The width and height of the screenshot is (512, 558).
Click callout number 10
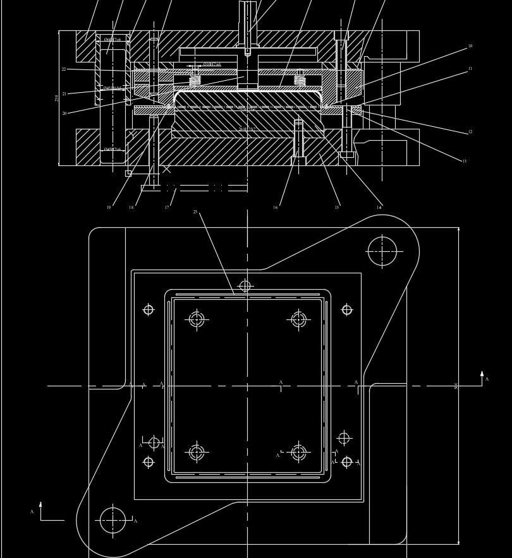pyautogui.click(x=470, y=46)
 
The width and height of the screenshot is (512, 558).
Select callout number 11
pyautogui.click(x=470, y=69)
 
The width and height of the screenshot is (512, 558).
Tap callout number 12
pyautogui.click(x=470, y=132)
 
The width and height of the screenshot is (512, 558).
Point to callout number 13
pyautogui.click(x=464, y=162)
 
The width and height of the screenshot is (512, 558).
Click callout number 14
pyautogui.click(x=379, y=207)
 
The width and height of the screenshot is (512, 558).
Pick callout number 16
pyautogui.click(x=275, y=207)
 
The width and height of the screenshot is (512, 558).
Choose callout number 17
pyautogui.click(x=167, y=207)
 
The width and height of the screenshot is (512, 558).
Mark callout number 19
pyautogui.click(x=109, y=207)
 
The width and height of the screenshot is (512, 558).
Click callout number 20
pyautogui.click(x=64, y=114)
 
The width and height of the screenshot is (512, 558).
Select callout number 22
pyautogui.click(x=64, y=69)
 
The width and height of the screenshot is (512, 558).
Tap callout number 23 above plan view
pyautogui.click(x=195, y=212)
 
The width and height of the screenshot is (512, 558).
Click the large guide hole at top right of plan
pyautogui.click(x=382, y=251)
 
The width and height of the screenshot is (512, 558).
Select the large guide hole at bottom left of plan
pyautogui.click(x=113, y=520)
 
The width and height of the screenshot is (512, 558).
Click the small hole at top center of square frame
pyautogui.click(x=245, y=286)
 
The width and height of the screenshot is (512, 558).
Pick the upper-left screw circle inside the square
pyautogui.click(x=197, y=319)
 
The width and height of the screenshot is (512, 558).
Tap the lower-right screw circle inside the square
pyautogui.click(x=298, y=453)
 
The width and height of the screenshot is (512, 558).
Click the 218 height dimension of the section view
pyautogui.click(x=57, y=98)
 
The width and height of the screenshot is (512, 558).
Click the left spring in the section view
pyautogui.click(x=195, y=80)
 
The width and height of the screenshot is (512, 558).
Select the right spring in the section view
pyautogui.click(x=300, y=80)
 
